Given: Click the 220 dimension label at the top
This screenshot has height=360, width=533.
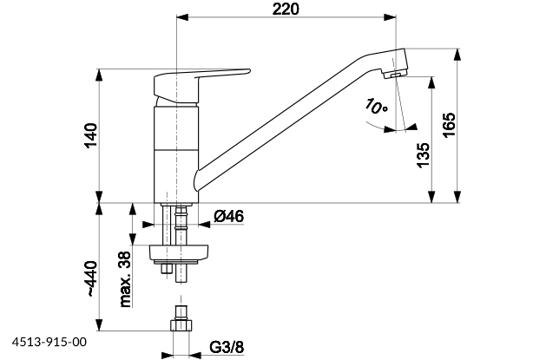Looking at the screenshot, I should click(x=286, y=10).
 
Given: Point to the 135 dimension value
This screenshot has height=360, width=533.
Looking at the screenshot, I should click(x=423, y=153).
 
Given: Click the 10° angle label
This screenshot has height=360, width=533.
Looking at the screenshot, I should click(x=376, y=108).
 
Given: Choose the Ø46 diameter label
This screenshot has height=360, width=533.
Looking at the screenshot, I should click(x=227, y=217).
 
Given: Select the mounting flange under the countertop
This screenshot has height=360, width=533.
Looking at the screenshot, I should click(x=181, y=253).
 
